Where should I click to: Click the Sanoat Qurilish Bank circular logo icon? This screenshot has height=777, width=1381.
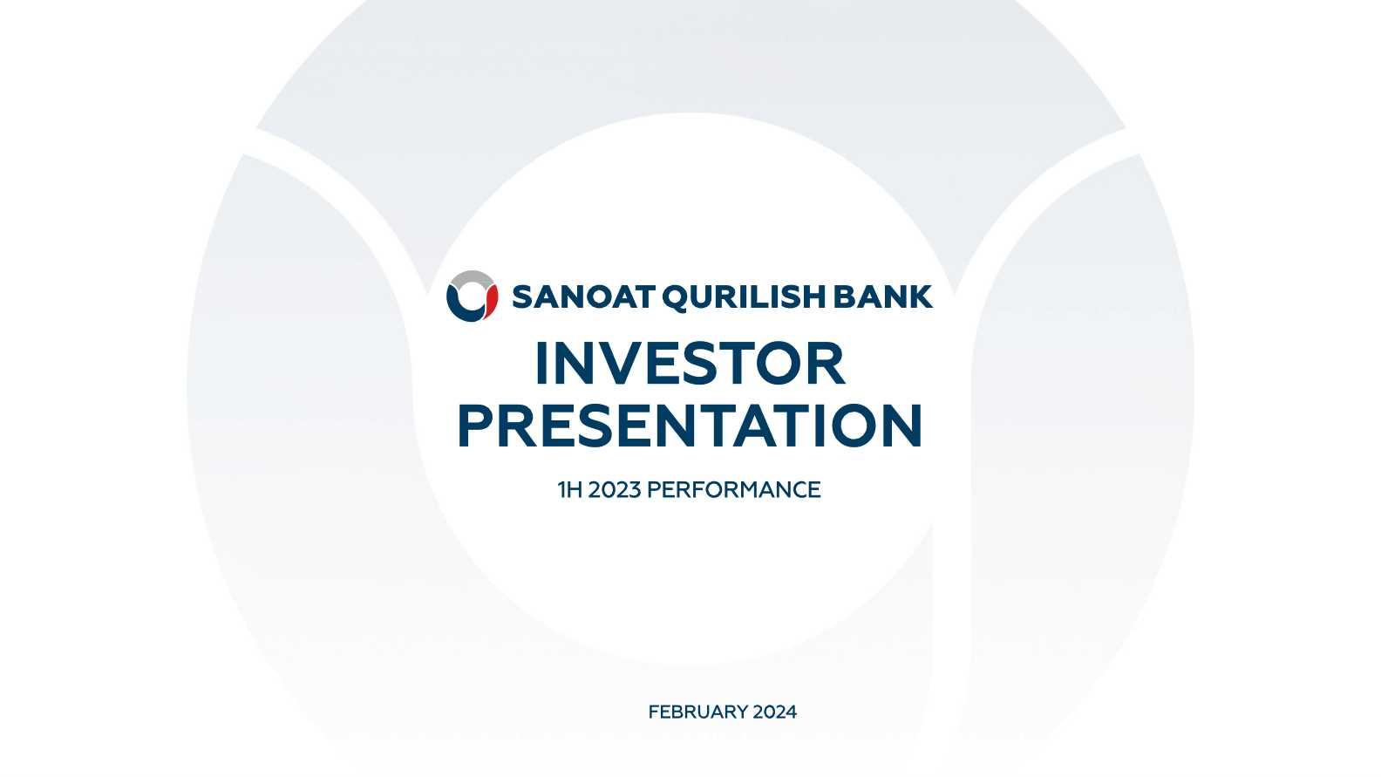point(472,296)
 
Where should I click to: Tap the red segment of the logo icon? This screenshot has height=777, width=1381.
point(491,302)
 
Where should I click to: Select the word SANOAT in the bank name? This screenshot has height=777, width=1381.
point(582,296)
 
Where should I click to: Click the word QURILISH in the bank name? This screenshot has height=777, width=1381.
point(745,297)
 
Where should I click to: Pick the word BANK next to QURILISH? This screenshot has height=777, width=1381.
point(883,296)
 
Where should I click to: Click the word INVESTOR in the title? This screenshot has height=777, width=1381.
point(690,364)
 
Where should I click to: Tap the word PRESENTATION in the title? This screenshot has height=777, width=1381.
point(690,426)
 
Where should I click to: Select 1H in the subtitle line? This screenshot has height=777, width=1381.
point(569,490)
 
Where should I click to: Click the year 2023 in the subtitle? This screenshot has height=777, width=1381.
point(615,490)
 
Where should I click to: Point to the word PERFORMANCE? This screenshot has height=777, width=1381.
point(734,490)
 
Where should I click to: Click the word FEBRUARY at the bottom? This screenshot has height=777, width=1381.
point(697,712)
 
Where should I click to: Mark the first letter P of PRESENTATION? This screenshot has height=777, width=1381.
point(473,426)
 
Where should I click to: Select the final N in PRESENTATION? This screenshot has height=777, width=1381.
point(904,426)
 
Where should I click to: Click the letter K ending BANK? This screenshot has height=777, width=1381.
point(921,296)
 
